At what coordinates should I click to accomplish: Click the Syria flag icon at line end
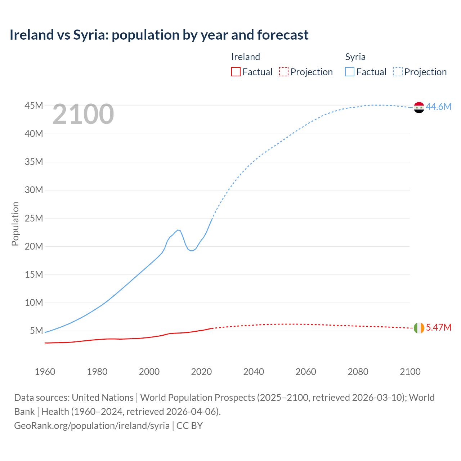[x=419, y=107]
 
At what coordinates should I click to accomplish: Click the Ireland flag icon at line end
[x=419, y=328]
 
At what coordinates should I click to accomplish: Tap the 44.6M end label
[x=438, y=107]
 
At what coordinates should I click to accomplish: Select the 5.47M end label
[x=438, y=327]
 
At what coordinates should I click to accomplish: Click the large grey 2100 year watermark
[x=83, y=114]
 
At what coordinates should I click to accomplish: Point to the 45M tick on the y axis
[x=34, y=106]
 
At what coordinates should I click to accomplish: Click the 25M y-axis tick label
[x=34, y=218]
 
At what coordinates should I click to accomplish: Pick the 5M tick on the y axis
[x=36, y=331]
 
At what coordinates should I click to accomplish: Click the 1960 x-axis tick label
[x=45, y=372]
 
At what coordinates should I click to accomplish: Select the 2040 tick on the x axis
[x=254, y=372]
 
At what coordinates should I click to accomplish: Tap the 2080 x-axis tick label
[x=358, y=372]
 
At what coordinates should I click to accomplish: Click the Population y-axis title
[x=15, y=224]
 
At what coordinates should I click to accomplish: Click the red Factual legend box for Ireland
[x=236, y=72]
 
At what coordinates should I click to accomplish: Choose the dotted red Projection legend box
[x=284, y=72]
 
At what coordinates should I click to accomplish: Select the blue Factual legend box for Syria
[x=350, y=72]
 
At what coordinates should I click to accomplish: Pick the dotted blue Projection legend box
[x=398, y=72]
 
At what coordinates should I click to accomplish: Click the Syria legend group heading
[x=355, y=57]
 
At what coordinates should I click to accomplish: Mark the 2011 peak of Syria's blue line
[x=178, y=230]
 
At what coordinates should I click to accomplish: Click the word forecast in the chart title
[x=283, y=35]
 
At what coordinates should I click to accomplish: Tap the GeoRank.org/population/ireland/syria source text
[x=92, y=425]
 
